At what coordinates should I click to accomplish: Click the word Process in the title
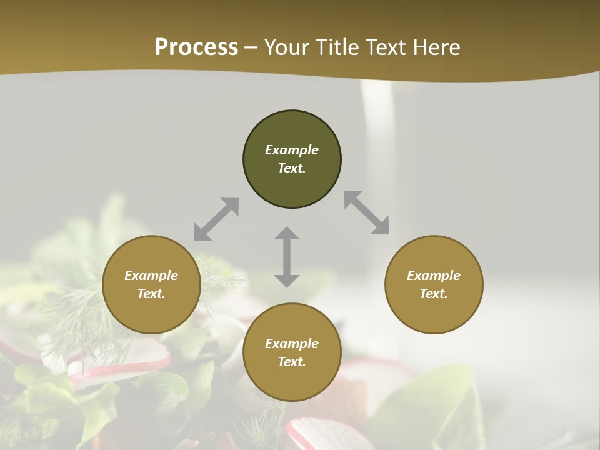pos(196,47)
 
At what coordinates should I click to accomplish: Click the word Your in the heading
pos(287,47)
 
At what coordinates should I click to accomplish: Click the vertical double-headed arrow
pos(287,257)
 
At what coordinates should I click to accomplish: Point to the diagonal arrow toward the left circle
pos(216,219)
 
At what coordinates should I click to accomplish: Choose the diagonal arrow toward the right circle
pos(366,212)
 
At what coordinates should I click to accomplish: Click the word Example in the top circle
pos(292,150)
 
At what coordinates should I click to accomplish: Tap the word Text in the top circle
pos(292,168)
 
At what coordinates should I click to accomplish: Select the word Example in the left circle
pos(151,276)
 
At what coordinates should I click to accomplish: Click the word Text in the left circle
pos(151,294)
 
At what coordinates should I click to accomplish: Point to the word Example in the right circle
pos(434,276)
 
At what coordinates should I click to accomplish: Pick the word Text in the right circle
pos(434,294)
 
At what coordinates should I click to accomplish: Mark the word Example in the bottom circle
pos(292,344)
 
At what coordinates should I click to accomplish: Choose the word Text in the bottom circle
pos(292,362)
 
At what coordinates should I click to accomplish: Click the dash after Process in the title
pos(251,47)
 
